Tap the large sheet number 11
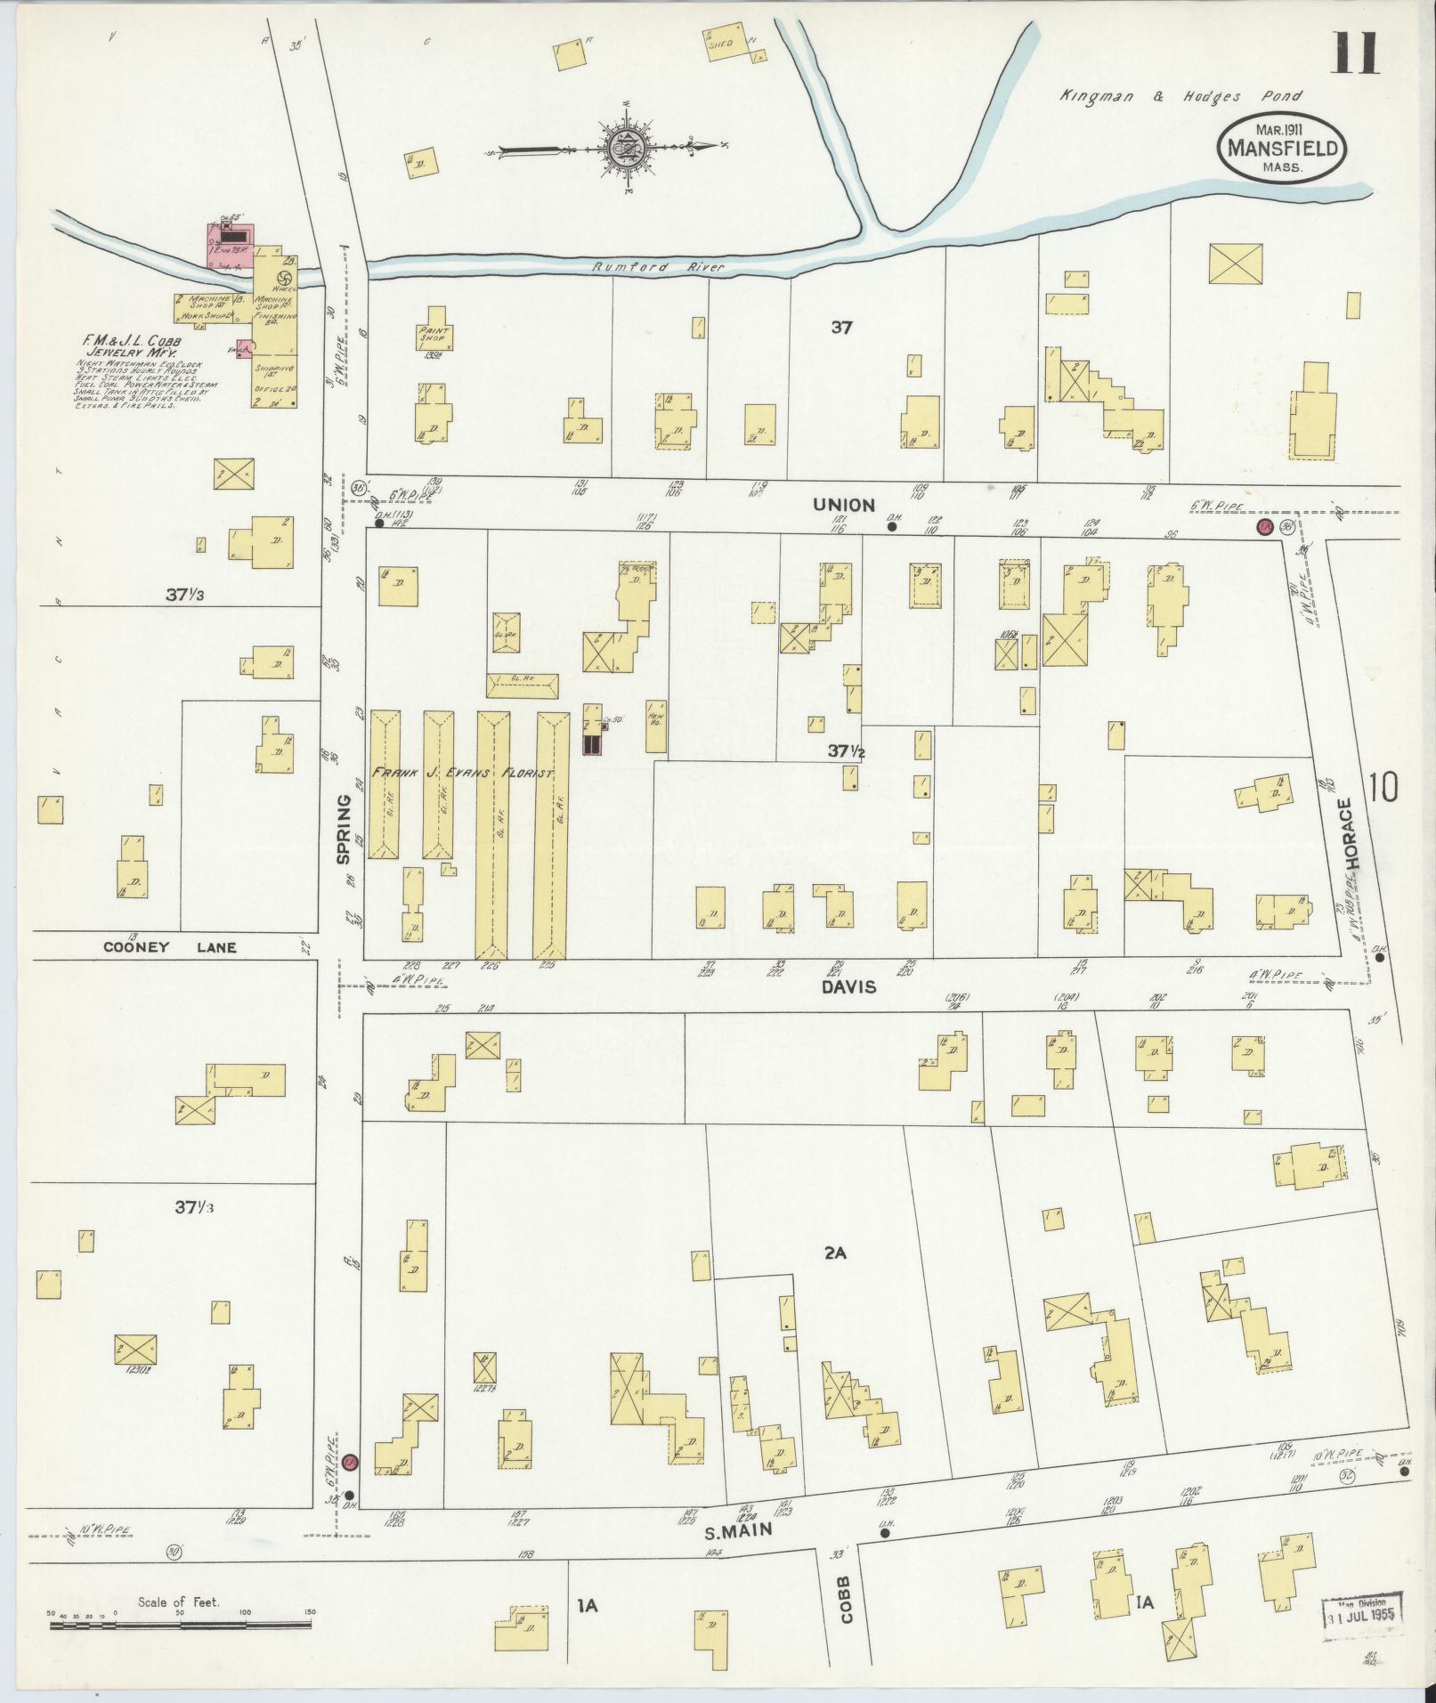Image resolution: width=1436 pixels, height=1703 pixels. click(x=1355, y=53)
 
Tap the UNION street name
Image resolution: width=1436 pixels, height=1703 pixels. click(x=843, y=505)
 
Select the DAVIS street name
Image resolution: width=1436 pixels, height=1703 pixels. click(x=848, y=986)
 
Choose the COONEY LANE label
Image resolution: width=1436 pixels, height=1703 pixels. click(x=170, y=947)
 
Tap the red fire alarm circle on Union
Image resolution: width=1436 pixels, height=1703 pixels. click(x=1262, y=528)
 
